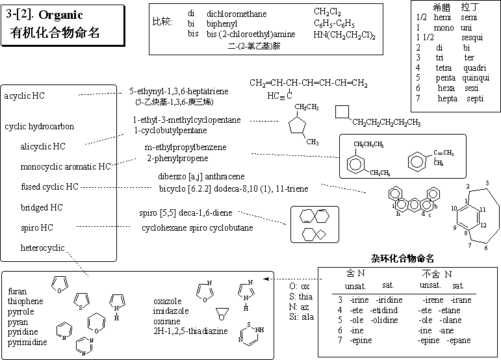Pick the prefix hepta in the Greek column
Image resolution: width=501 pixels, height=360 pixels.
tap(448, 98)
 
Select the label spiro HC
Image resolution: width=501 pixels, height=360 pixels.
tap(37, 228)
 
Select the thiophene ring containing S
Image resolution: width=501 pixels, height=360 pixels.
tap(82, 301)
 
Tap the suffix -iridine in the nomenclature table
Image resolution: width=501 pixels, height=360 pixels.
tap(386, 300)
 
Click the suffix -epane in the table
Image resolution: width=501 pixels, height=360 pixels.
tap(459, 341)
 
